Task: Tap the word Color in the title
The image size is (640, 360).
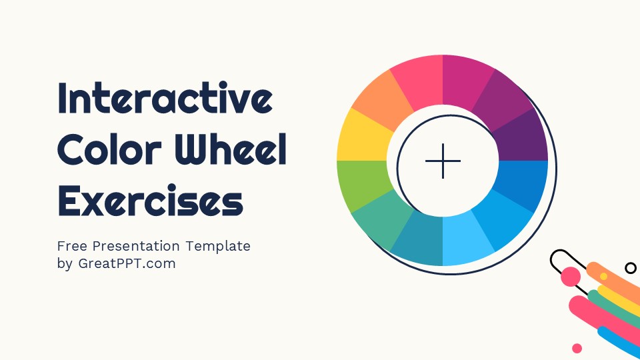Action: (107, 151)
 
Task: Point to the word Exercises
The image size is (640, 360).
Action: (150, 201)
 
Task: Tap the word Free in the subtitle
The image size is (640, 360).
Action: (72, 246)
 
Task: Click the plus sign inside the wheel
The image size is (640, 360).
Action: (443, 161)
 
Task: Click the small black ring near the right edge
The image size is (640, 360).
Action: (630, 267)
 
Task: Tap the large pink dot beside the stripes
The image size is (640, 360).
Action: (571, 277)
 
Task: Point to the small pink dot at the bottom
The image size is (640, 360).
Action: (577, 348)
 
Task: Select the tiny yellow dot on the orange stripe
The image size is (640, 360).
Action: (603, 276)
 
